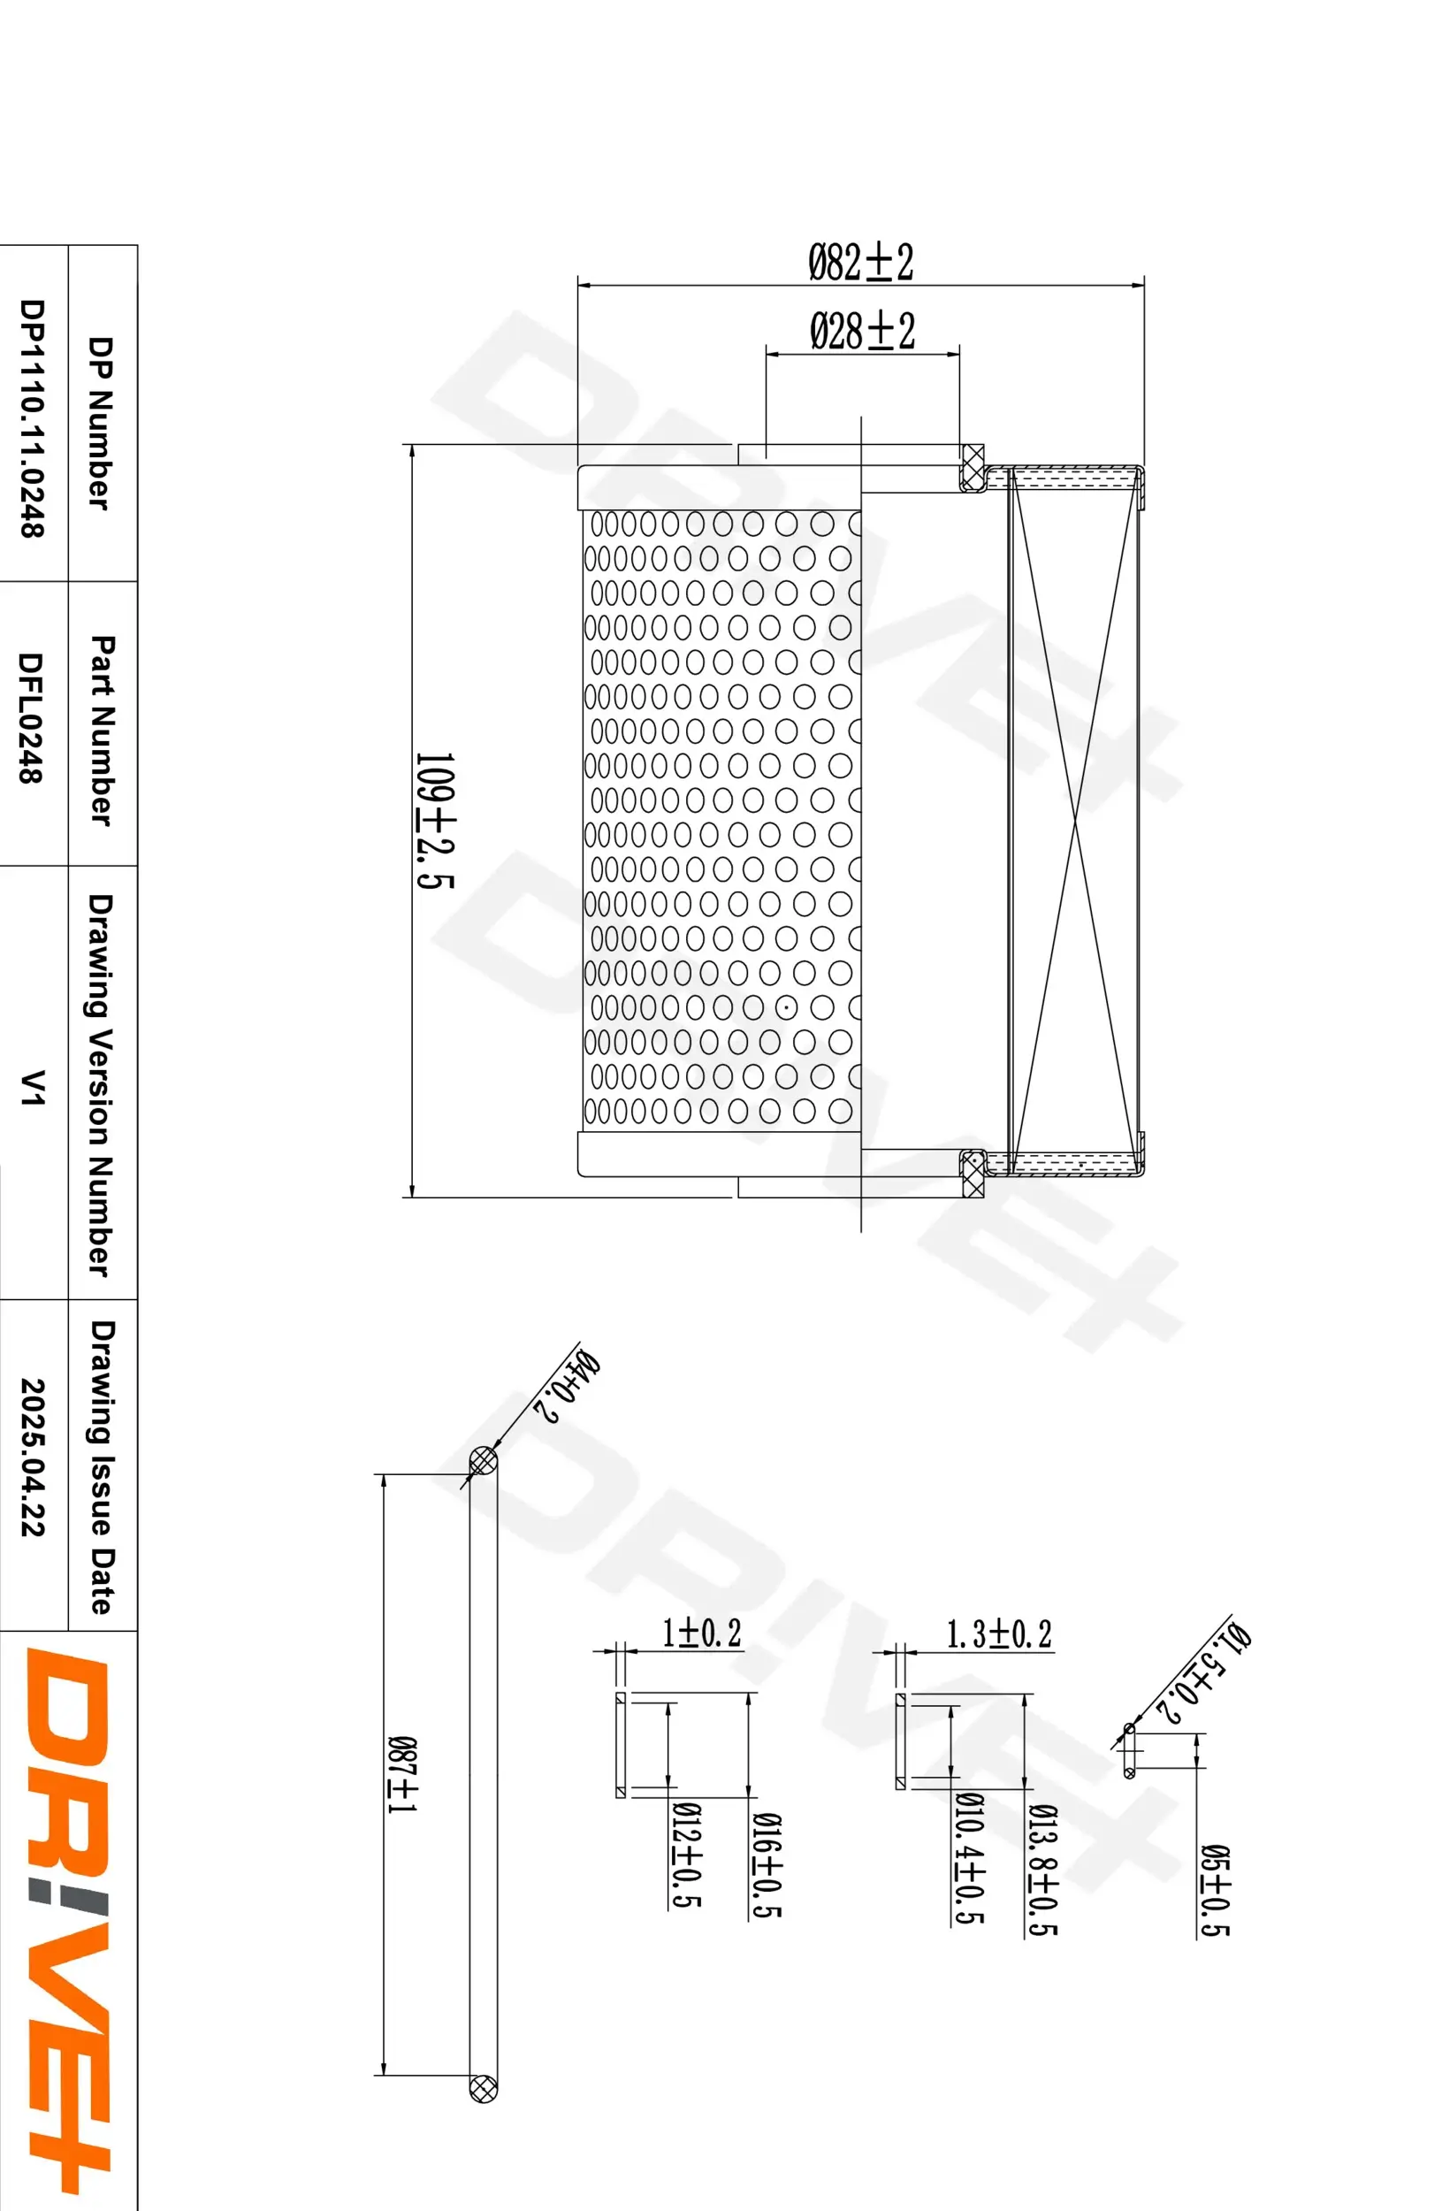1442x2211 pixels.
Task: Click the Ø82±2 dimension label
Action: pos(861,262)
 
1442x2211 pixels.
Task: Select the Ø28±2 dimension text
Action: pos(862,332)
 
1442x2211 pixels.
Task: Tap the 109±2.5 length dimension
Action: pos(433,821)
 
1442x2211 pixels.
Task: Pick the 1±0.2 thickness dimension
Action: pos(701,1633)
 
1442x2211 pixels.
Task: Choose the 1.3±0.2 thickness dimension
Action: pos(998,1634)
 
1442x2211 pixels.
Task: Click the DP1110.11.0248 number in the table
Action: pos(33,418)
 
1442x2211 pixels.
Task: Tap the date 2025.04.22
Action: pos(33,1457)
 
